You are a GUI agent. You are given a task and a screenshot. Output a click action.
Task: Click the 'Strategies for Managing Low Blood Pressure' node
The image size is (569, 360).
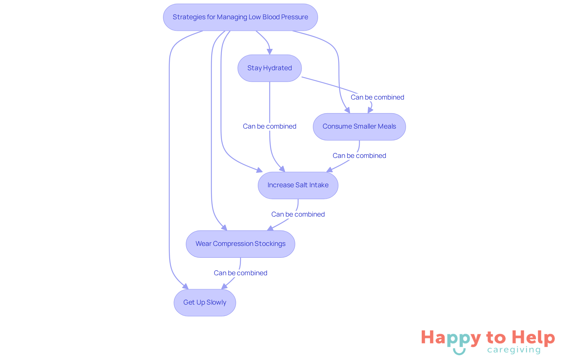click(240, 17)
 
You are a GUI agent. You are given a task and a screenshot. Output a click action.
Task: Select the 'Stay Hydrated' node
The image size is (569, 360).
click(269, 68)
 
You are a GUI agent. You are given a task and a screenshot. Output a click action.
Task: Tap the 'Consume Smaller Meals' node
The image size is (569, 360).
click(359, 127)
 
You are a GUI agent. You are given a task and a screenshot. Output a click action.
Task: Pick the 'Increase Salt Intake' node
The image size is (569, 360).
click(298, 185)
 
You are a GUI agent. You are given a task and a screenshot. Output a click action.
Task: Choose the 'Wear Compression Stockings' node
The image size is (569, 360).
click(240, 244)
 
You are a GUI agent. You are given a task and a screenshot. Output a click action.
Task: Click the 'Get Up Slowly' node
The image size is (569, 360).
click(204, 303)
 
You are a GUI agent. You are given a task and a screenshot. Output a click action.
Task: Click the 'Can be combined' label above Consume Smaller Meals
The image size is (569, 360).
click(377, 97)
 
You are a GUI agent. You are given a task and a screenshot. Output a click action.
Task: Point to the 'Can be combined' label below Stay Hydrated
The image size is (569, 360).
click(269, 127)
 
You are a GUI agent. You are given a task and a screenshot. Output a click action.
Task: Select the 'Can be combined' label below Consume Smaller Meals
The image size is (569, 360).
click(359, 156)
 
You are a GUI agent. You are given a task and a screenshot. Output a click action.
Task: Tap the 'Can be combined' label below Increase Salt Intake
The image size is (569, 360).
click(298, 215)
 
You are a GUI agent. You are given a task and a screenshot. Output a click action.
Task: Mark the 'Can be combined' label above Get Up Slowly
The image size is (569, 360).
click(240, 273)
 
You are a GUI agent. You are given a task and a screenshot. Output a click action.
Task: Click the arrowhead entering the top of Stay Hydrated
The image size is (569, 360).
click(269, 52)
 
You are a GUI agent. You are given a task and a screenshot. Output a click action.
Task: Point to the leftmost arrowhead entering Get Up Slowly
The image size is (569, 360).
click(186, 287)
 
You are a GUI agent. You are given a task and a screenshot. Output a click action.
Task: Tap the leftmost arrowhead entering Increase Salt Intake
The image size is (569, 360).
click(260, 170)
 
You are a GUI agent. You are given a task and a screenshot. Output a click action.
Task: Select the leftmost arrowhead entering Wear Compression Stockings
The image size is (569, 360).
click(224, 228)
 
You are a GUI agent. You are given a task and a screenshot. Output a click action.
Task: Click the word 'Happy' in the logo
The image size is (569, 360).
click(450, 338)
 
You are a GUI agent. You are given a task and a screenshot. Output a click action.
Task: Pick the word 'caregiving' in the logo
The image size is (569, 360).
click(514, 350)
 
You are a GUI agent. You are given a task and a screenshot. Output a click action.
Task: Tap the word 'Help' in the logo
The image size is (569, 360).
click(533, 337)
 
